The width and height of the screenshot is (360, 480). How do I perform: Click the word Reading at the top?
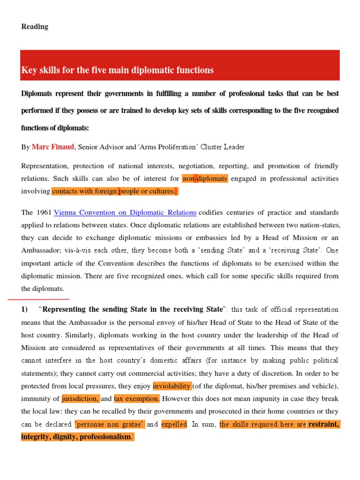coord(35,27)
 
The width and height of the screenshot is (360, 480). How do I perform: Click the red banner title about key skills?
coord(118,70)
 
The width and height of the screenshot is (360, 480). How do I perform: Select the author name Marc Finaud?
coord(53,147)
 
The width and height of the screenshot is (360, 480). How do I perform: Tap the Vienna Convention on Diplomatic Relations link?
coord(125,212)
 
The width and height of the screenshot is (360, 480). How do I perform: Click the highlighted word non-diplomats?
coord(205,179)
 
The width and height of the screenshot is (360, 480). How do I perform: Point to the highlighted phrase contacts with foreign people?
coord(115,191)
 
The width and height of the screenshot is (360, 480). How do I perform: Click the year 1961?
coord(44,212)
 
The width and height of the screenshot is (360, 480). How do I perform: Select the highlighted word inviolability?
coord(172,386)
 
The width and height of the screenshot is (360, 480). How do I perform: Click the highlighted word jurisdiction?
coord(81,398)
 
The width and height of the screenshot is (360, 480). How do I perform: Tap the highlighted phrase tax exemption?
coord(137,398)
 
